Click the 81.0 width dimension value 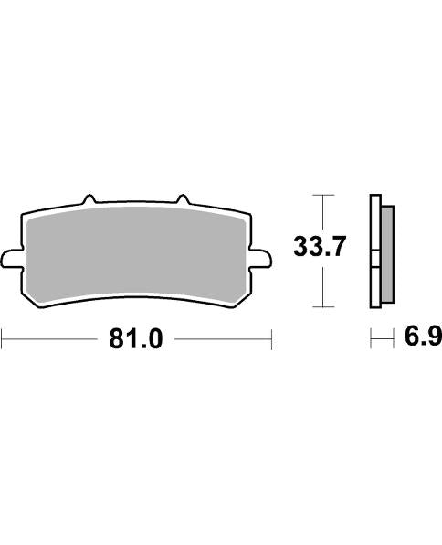coord(136,340)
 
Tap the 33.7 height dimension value coord(318,246)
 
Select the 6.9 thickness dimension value coord(422,339)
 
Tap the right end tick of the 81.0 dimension coord(272,341)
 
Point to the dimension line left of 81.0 coord(50,341)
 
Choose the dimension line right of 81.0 coord(224,341)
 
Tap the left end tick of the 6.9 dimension coord(371,340)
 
